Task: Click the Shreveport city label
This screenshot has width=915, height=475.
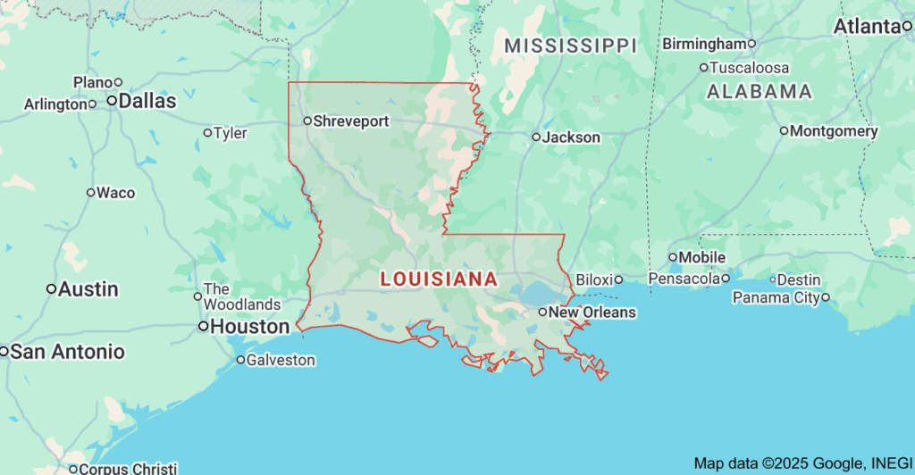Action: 351,121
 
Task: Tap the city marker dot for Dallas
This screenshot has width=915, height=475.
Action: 113,102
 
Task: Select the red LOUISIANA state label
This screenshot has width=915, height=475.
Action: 439,279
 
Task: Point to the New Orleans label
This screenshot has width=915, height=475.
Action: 592,312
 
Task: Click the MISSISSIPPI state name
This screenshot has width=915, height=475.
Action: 569,46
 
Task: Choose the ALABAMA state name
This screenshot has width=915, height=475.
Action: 759,91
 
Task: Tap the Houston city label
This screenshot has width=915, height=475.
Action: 250,327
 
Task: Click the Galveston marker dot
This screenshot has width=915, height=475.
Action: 240,360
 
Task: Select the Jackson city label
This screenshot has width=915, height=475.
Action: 572,137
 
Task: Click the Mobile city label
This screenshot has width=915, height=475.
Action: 702,257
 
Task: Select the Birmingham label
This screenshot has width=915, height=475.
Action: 704,44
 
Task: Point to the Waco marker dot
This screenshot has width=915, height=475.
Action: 90,192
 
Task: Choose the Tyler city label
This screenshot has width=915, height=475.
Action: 231,133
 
